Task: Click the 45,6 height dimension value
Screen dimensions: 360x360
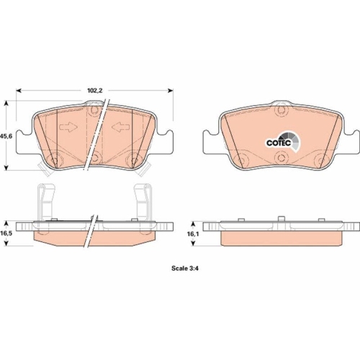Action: tap(6, 135)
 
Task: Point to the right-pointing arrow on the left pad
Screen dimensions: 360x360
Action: tap(68, 128)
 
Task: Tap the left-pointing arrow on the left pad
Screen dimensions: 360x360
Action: tap(119, 128)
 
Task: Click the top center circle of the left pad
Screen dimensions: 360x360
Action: tap(94, 109)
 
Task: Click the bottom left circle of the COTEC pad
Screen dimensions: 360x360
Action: tap(243, 158)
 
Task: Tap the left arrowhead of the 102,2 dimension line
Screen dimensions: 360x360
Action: tap(18, 91)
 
